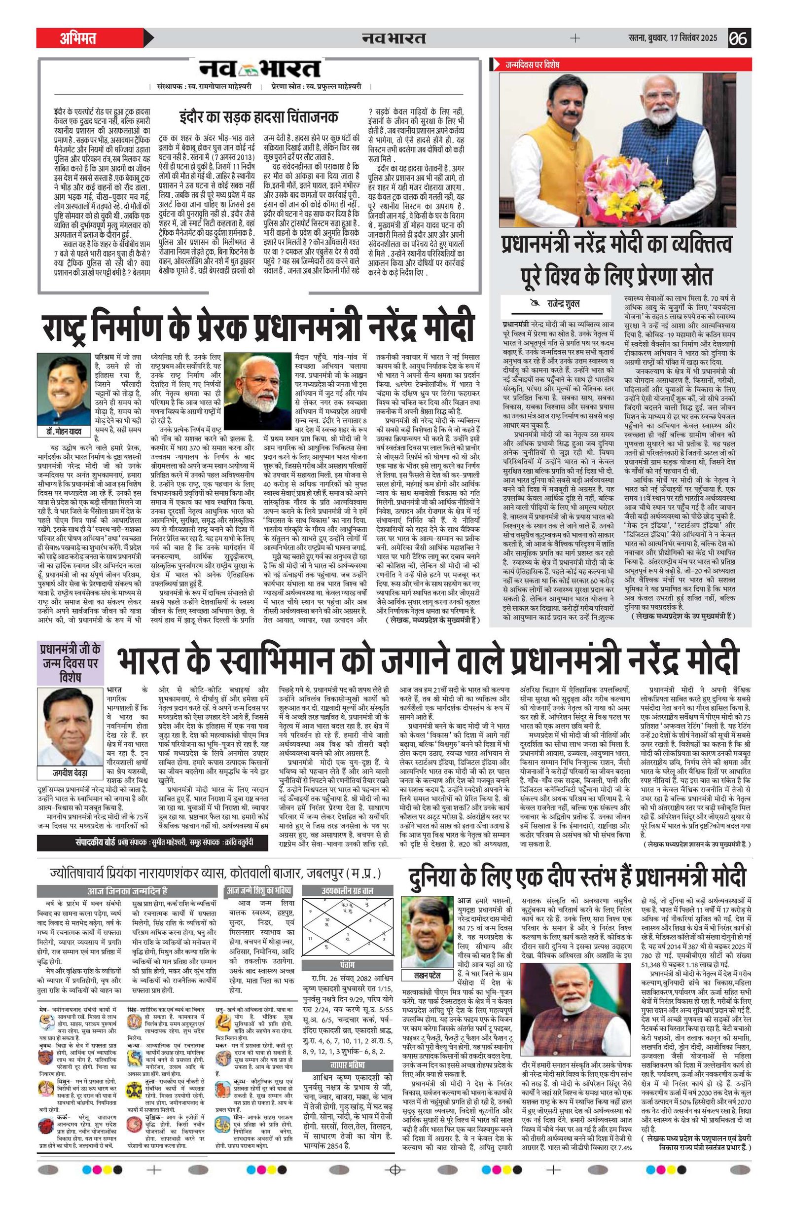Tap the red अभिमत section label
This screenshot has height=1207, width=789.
click(x=78, y=38)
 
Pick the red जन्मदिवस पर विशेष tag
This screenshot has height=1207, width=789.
click(x=532, y=65)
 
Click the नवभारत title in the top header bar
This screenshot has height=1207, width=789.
click(x=394, y=38)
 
